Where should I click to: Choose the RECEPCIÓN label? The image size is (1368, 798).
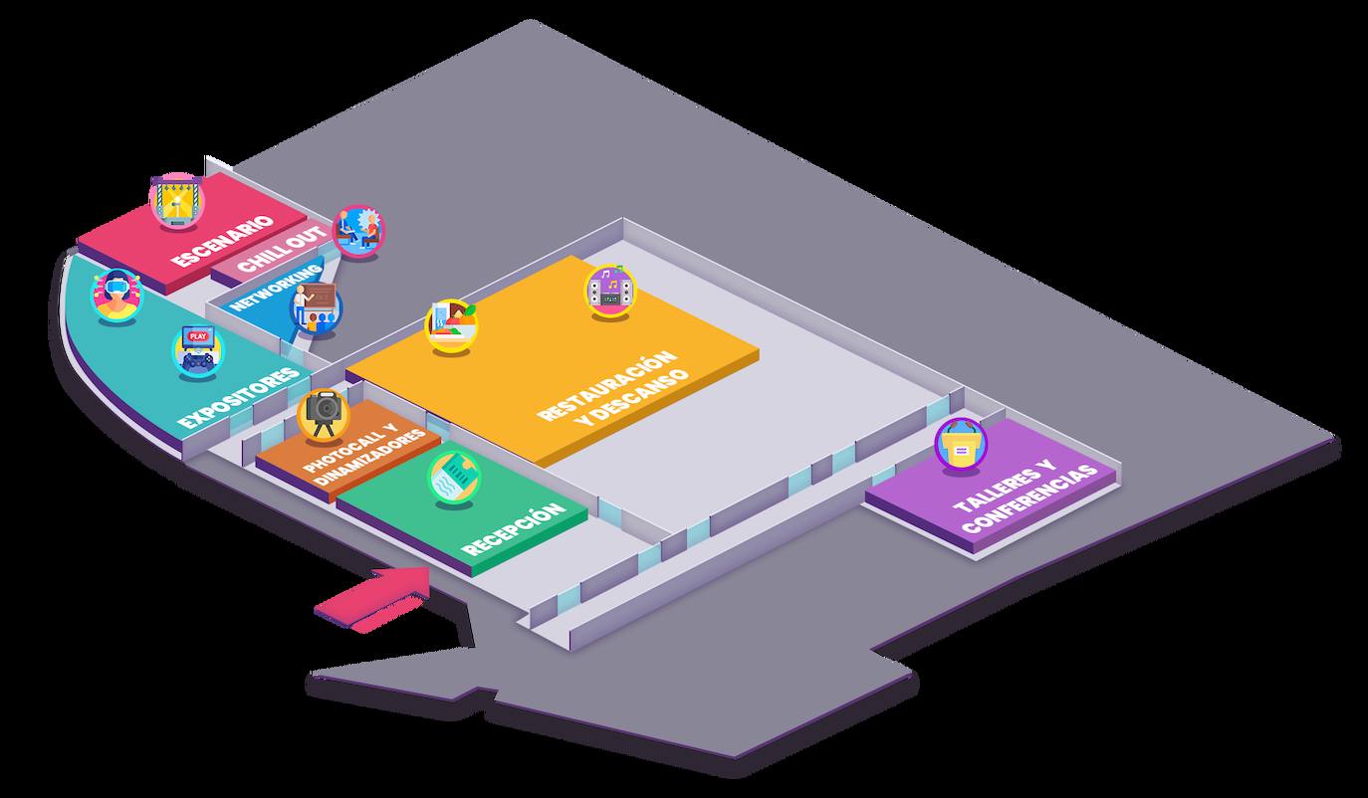tap(513, 530)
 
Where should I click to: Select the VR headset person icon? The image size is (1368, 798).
tap(116, 296)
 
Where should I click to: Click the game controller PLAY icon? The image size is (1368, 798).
tap(197, 351)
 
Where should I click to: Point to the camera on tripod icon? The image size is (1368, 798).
tap(324, 414)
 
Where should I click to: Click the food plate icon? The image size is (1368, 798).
tap(451, 324)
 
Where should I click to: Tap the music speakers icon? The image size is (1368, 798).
tap(610, 290)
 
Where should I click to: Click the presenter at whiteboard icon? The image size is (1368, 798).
tap(316, 308)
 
